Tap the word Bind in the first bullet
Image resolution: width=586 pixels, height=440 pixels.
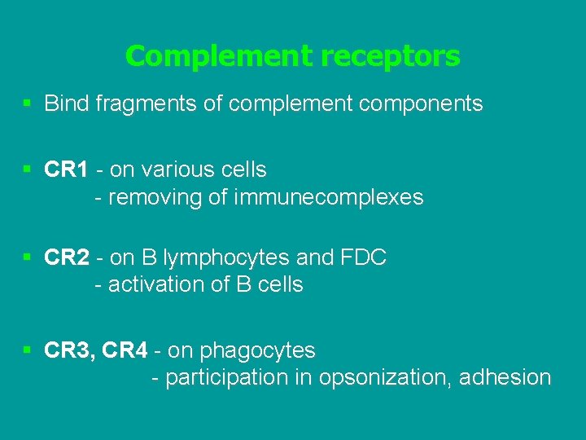point(65,103)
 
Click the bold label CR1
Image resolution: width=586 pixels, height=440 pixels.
point(67,169)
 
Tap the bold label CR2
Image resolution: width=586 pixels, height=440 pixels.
point(67,257)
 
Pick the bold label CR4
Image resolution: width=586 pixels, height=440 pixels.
point(126,350)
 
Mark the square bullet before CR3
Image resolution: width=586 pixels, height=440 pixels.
point(28,350)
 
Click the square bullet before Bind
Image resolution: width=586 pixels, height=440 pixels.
point(28,103)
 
